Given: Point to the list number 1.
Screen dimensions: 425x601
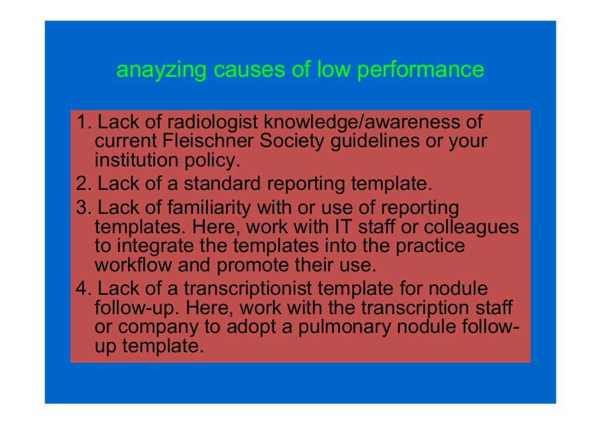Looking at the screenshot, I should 82,123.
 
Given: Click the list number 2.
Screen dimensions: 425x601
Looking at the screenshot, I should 82,184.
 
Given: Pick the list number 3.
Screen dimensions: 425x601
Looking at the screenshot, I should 82,208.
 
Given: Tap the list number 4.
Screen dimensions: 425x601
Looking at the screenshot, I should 82,289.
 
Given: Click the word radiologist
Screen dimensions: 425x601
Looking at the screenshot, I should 214,123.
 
